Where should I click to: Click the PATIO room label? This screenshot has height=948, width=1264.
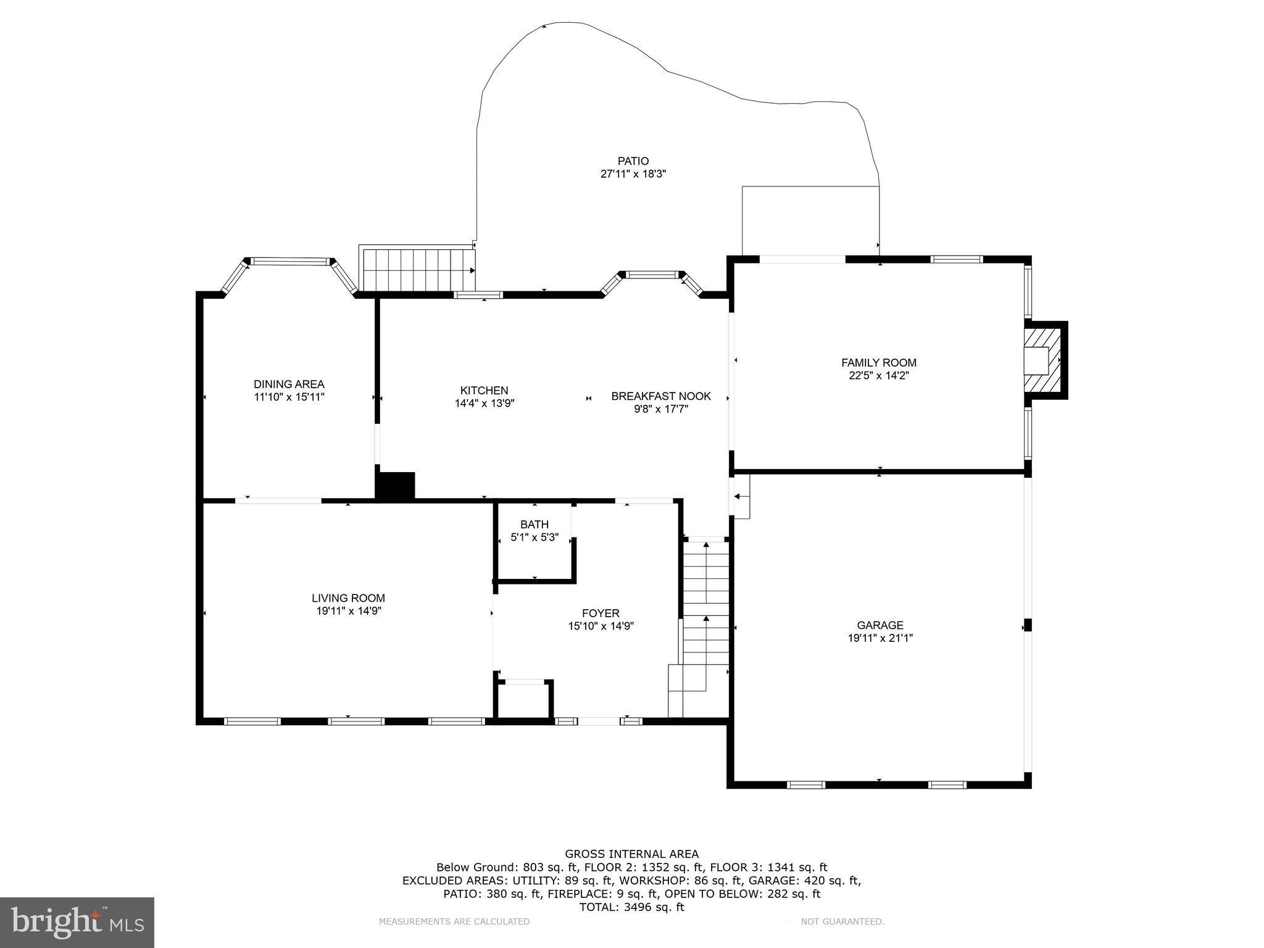coord(633,161)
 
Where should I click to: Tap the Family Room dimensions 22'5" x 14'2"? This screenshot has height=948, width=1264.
coord(879,375)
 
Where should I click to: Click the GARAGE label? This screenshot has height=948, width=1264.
coord(879,625)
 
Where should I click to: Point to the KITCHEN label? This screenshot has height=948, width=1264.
coord(484,390)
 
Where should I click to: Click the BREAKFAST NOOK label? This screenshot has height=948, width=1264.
coord(661,396)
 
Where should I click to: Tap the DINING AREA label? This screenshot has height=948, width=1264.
coord(289,384)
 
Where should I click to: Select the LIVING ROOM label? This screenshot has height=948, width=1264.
coord(348,598)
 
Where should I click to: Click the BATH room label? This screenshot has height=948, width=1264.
coord(534,525)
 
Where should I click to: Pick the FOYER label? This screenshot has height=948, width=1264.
coord(601,613)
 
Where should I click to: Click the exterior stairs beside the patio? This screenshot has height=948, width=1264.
coord(418,270)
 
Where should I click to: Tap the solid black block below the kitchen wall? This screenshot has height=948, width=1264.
coord(396,485)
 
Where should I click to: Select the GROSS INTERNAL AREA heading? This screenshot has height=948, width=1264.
coord(631,854)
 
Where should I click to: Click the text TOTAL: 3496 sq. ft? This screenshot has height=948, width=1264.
coord(631,907)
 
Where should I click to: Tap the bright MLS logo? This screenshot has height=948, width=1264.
coord(77,923)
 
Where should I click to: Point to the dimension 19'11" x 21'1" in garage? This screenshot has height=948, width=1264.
coord(879,638)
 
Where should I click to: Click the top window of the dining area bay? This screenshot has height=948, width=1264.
coord(290,262)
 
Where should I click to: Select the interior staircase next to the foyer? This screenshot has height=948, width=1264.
coord(705,623)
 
